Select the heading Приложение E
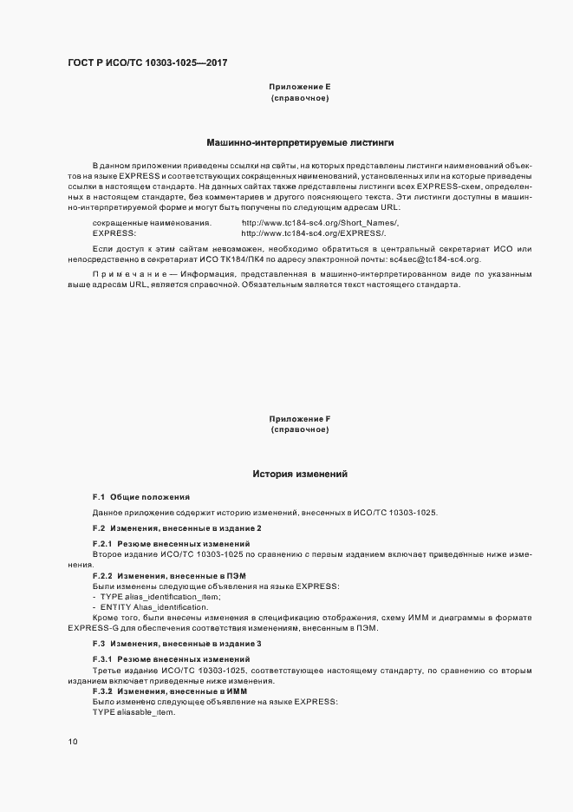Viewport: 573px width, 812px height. [299, 88]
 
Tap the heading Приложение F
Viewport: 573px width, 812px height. [299, 419]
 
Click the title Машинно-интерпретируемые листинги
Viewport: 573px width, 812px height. [299, 142]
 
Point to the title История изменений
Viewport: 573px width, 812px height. [299, 475]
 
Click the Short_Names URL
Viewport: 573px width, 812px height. [320, 223]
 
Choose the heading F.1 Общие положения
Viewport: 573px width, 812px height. [140, 497]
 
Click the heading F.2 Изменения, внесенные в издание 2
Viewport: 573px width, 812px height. [177, 528]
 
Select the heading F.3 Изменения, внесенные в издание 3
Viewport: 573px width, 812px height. [177, 643]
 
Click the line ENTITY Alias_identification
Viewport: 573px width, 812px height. [154, 607]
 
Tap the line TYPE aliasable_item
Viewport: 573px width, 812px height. [134, 711]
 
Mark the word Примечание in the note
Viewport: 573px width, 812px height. [122, 275]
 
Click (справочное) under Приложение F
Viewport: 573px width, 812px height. [299, 430]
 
